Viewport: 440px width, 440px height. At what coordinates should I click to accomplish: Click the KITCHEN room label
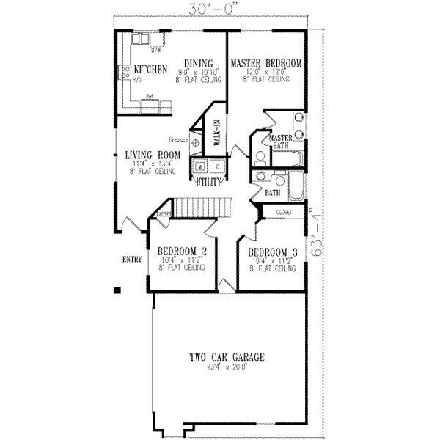click(x=151, y=70)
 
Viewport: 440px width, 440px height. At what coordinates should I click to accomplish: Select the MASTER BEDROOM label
click(x=265, y=63)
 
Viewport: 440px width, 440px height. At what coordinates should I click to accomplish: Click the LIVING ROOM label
click(x=153, y=154)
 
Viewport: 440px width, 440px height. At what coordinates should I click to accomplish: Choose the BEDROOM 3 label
click(x=272, y=251)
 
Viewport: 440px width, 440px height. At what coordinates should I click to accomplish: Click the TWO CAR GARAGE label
click(x=227, y=357)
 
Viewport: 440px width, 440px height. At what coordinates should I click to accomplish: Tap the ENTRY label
click(x=132, y=260)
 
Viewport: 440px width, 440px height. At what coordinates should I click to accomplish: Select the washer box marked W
click(x=199, y=167)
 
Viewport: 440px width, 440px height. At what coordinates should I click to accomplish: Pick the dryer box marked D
click(x=218, y=167)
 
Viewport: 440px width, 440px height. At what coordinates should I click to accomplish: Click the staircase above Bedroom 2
click(x=201, y=208)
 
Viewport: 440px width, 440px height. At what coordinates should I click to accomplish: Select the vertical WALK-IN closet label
click(x=217, y=134)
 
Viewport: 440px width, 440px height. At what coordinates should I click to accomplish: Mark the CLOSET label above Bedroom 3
click(x=285, y=212)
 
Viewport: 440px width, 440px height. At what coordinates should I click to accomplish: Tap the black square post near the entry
click(x=117, y=290)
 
